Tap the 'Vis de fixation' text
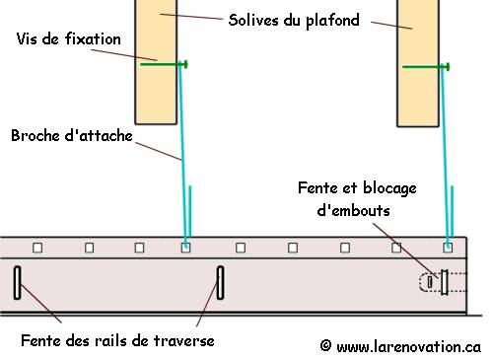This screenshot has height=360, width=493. (x=69, y=38)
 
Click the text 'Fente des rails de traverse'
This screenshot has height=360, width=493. (x=117, y=341)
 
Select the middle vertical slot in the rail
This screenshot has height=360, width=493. (x=220, y=283)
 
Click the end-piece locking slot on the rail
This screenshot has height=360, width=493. (x=444, y=282)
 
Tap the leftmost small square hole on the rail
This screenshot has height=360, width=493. (x=36, y=247)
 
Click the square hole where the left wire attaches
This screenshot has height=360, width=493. (x=185, y=247)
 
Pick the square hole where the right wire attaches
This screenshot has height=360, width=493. (x=448, y=247)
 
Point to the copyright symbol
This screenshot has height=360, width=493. (x=325, y=346)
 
